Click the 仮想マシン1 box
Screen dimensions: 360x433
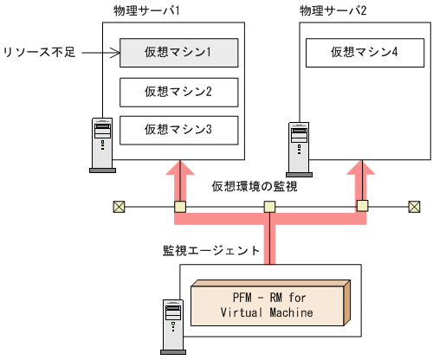pos(178,53)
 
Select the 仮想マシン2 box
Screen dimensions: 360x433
pos(178,91)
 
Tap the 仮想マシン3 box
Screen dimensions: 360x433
pos(178,130)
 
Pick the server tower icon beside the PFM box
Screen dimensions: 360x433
pos(172,326)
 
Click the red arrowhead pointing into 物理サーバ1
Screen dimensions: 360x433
pos(180,170)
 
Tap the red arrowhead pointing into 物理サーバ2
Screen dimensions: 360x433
pos(362,170)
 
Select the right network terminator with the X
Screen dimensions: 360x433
pos(415,207)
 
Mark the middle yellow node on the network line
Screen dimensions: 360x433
pos(270,207)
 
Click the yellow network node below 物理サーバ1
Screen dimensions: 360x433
pos(179,207)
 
